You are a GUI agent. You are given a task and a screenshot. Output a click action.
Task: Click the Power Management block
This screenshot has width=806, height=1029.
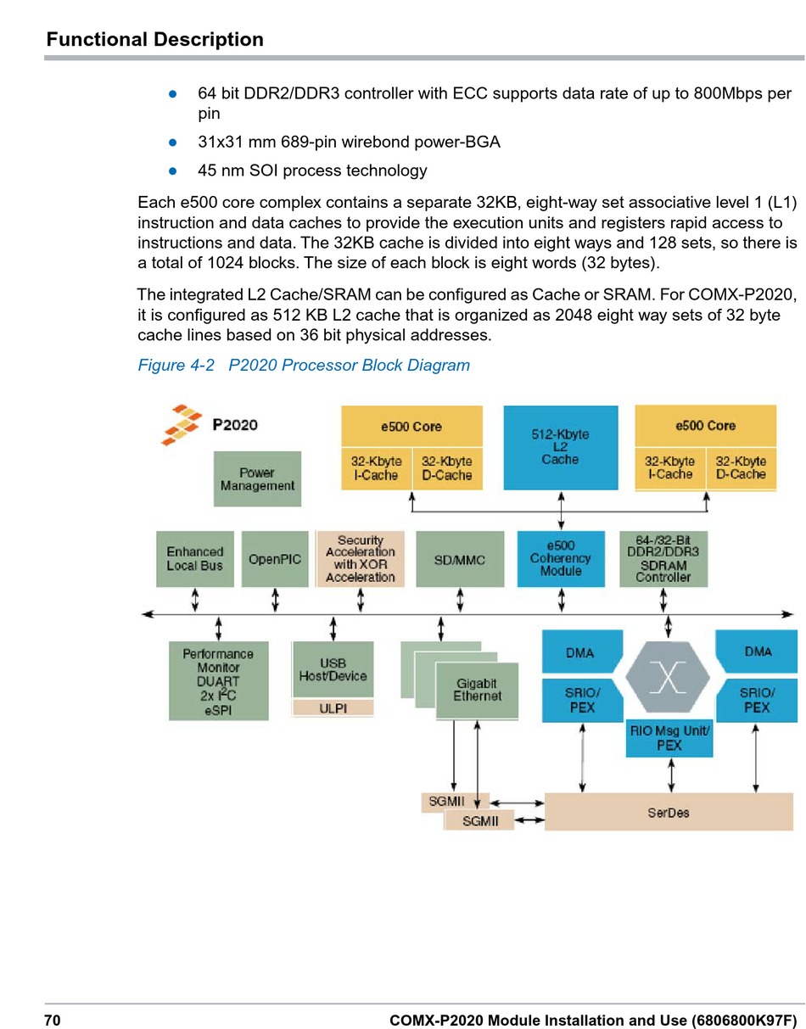(257, 479)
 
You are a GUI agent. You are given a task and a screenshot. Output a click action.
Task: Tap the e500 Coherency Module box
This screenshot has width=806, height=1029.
(560, 559)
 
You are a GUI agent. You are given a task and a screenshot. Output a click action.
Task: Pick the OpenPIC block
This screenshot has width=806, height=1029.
(275, 559)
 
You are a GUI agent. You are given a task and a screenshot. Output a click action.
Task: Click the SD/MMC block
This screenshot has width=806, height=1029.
(459, 559)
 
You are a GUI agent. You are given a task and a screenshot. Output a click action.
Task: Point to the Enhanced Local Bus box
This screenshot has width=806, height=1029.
(194, 559)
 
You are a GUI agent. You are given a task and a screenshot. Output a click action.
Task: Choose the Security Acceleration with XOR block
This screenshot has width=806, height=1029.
(361, 559)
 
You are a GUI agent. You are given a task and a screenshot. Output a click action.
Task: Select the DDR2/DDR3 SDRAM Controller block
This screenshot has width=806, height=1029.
(663, 559)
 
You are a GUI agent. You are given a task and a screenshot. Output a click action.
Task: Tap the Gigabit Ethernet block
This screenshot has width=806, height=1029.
(477, 690)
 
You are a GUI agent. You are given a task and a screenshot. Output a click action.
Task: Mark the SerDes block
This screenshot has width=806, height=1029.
(669, 813)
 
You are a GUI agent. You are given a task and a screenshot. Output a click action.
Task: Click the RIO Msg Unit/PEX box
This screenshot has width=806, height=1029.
(669, 738)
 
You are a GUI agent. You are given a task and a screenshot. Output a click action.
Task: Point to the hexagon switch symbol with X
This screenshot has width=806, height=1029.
(668, 678)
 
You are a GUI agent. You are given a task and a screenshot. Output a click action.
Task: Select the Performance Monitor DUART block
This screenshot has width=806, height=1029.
(218, 681)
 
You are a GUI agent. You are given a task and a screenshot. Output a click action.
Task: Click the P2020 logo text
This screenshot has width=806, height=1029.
(235, 425)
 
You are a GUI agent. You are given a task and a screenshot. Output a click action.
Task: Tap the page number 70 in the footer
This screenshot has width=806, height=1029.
(53, 1020)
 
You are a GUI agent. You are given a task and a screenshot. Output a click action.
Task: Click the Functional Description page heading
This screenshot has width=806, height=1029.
(154, 40)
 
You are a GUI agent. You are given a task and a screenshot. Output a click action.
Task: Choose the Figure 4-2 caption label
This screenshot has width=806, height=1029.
(303, 366)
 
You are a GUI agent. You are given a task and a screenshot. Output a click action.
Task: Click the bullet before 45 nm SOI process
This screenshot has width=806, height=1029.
(172, 171)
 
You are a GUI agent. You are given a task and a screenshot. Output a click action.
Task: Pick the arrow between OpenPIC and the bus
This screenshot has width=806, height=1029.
(276, 601)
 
